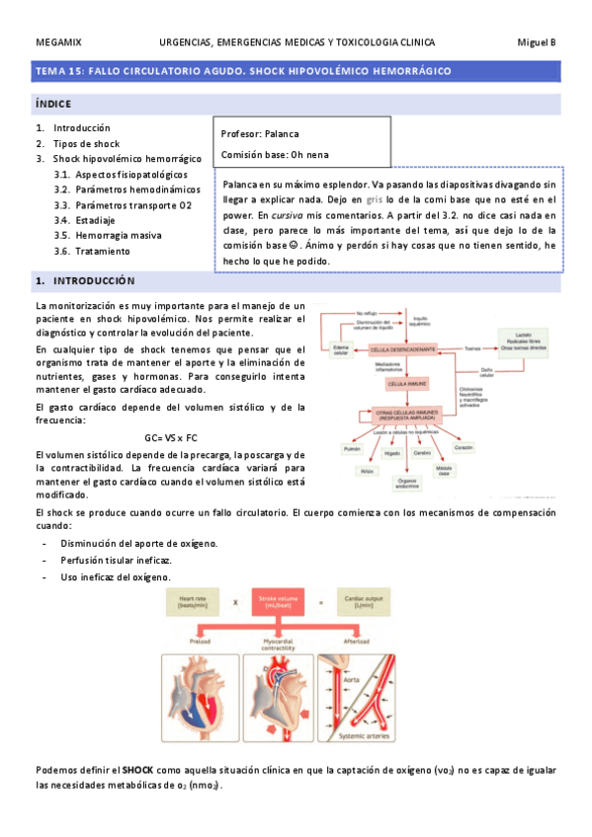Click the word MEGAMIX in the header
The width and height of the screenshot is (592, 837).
click(x=58, y=42)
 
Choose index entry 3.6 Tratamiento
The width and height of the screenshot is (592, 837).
click(x=102, y=251)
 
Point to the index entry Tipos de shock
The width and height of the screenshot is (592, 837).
click(x=86, y=143)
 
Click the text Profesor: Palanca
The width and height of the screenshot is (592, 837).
click(x=260, y=133)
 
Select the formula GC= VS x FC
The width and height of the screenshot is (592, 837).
click(x=171, y=437)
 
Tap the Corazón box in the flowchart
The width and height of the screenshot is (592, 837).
click(x=464, y=448)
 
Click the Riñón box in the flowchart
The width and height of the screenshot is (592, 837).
click(x=367, y=472)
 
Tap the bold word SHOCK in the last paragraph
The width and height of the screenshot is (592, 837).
click(x=138, y=768)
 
